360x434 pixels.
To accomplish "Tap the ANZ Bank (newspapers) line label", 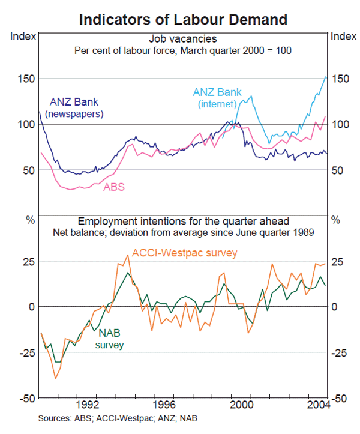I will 75,107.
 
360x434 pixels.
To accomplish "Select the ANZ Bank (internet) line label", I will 218,98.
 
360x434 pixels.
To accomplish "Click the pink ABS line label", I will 114,187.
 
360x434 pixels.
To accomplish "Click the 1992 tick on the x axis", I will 88,405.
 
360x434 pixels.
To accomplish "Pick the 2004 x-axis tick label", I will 317,405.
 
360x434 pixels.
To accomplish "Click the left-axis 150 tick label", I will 23,79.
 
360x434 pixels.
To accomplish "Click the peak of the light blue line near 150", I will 325,77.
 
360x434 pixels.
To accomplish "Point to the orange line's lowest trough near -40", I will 56,378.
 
